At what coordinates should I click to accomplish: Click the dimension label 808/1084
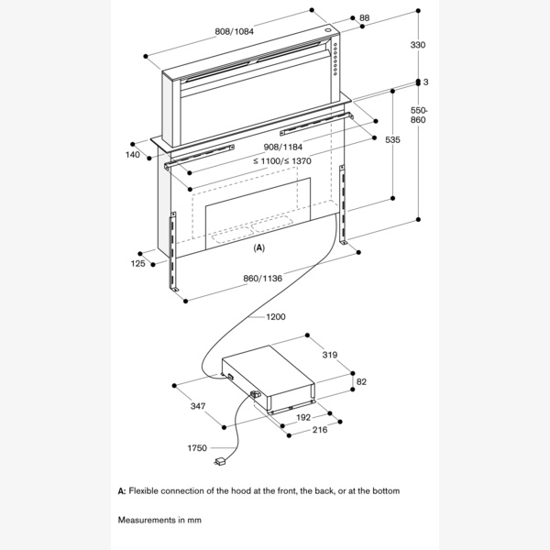(x=234, y=31)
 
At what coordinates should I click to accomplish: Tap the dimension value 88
(x=363, y=17)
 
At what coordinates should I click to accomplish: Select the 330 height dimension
(x=418, y=45)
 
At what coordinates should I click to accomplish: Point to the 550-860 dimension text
(x=418, y=114)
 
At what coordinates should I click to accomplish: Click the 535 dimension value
(x=392, y=139)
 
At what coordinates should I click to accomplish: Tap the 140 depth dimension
(x=134, y=156)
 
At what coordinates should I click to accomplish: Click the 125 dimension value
(x=138, y=264)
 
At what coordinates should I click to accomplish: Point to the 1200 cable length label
(x=275, y=317)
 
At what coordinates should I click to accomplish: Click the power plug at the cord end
(x=222, y=461)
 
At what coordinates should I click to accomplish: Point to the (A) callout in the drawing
(x=258, y=248)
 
